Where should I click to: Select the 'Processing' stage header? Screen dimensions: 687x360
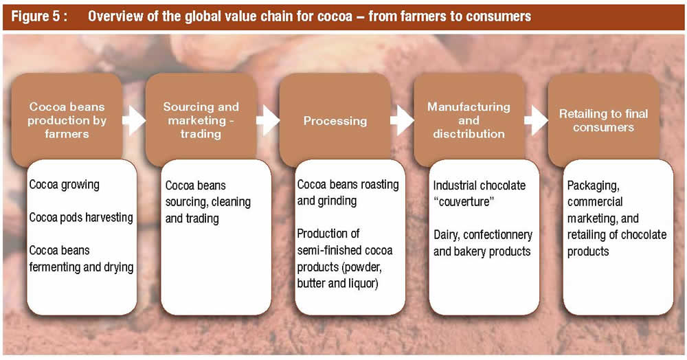(x=335, y=121)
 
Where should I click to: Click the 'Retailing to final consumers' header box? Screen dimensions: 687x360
(x=603, y=121)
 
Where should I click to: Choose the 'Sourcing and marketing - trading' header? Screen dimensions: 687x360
(x=201, y=120)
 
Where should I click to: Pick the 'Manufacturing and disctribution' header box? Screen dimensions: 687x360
(x=469, y=120)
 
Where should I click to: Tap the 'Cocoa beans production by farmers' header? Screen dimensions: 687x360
(x=67, y=120)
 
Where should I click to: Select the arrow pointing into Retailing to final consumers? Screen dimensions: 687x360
(x=534, y=121)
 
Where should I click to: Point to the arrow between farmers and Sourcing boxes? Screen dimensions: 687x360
(x=135, y=121)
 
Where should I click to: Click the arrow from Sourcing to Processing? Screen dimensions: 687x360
(x=269, y=121)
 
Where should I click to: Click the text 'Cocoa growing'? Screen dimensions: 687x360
(x=64, y=185)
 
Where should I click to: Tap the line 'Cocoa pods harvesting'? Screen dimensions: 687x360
(x=80, y=218)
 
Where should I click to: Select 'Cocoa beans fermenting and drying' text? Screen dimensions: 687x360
(x=81, y=259)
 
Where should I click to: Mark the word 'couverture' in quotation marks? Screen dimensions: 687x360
(x=460, y=203)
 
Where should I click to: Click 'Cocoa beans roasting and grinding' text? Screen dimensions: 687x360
(x=348, y=193)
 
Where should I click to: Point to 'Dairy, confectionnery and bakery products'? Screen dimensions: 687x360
(x=482, y=243)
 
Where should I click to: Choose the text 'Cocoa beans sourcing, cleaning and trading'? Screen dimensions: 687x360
(x=207, y=203)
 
